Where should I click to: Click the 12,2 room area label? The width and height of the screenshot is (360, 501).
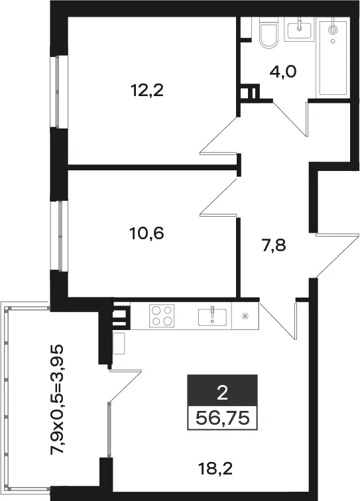147,90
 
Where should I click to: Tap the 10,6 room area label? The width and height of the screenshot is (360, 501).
147,233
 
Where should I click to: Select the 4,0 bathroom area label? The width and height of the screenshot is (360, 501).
283,72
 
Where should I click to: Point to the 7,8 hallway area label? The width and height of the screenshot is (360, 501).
274,246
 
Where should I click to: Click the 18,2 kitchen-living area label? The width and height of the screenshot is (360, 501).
215,469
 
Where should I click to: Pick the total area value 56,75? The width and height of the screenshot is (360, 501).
222,418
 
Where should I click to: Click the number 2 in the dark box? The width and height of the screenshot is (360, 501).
222,393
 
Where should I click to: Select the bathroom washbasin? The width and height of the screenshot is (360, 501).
300,28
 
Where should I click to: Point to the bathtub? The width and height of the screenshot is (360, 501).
333,58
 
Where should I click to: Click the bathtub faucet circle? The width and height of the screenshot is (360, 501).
333,30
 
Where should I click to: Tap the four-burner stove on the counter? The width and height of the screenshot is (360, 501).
162,315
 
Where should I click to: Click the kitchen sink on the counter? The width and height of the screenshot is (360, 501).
212,316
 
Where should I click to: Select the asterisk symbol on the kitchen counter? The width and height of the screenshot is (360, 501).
245,316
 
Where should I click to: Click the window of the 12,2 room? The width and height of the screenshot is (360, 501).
58,92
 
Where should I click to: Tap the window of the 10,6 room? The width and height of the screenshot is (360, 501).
60,237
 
